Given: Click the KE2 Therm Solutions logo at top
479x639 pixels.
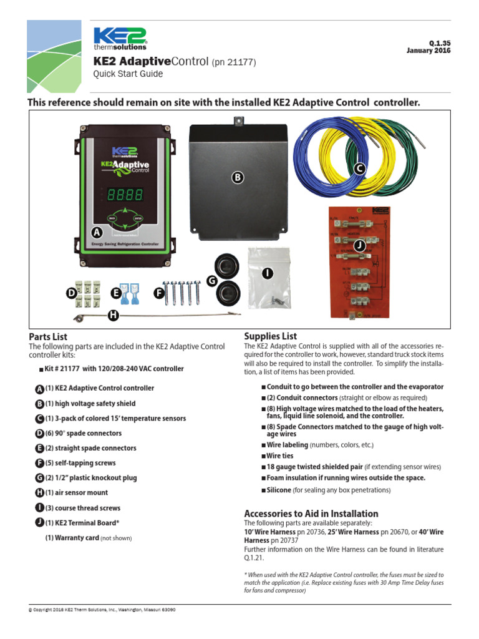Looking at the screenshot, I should tap(120, 38).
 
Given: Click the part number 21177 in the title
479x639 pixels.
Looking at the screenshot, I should tap(239, 62).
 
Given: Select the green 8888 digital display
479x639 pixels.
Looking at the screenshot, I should tap(125, 195).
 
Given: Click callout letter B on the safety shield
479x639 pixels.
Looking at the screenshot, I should tap(237, 178).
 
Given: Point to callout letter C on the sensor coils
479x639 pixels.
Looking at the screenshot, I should tap(359, 168).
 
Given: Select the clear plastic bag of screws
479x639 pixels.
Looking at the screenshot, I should tap(268, 278).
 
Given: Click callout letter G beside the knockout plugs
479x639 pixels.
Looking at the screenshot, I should tap(212, 281).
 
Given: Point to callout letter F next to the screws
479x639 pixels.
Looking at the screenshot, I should tap(159, 291).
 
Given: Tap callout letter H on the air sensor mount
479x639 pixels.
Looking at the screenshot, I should tap(113, 316).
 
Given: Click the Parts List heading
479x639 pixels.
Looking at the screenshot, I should tap(48, 337).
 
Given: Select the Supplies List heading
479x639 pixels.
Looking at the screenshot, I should tap(271, 336).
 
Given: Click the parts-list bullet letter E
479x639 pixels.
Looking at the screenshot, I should tap(40, 448).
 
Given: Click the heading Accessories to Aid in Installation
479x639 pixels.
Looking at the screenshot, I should tap(311, 514).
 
